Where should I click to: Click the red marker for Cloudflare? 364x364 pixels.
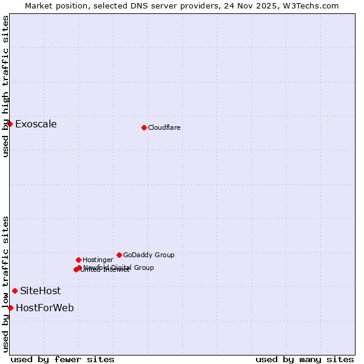click(144, 127)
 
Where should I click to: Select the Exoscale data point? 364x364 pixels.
click(10, 124)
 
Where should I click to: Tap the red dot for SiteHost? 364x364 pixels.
click(15, 291)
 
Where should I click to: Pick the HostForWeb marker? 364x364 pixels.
click(10, 308)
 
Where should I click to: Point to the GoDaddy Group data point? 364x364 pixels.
click(119, 255)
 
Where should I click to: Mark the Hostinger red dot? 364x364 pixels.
click(78, 260)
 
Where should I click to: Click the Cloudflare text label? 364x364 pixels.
click(164, 128)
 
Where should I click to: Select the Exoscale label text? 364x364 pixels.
click(36, 124)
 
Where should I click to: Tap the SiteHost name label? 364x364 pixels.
click(40, 291)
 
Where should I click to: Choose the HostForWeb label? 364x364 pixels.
click(45, 308)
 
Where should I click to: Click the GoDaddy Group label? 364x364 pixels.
click(149, 255)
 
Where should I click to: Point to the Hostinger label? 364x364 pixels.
click(98, 260)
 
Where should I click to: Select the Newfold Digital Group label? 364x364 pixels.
click(119, 268)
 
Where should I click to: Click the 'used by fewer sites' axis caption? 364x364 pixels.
click(62, 359)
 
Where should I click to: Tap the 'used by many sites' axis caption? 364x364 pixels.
click(305, 359)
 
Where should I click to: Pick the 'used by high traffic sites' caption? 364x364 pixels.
click(5, 86)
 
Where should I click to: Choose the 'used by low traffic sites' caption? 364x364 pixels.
click(5, 283)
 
